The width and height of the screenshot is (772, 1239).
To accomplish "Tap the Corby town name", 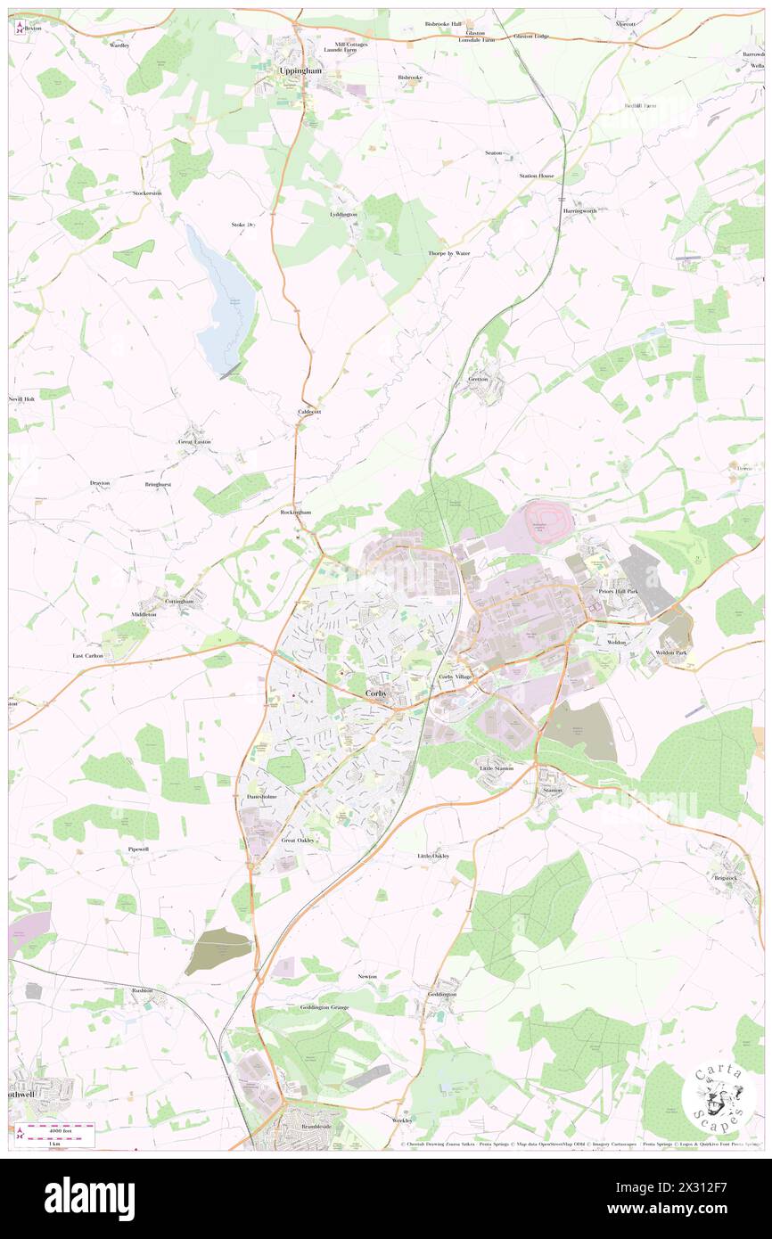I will coord(376,693).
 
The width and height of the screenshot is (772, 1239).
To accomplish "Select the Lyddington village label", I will coord(343,215).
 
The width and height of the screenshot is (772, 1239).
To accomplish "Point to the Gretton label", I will coord(478,379).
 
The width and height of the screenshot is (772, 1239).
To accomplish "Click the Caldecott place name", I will coord(308,412).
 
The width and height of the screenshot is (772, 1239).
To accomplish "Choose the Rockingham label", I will coord(296,513).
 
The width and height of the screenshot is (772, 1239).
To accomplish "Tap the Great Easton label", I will coord(195,441).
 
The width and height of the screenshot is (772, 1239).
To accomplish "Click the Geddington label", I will coord(441,994).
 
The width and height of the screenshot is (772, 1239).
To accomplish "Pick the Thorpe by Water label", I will coord(448,253).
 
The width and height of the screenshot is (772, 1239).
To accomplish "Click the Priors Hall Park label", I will coord(619,591).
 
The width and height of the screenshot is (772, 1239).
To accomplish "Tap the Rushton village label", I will coord(143,990).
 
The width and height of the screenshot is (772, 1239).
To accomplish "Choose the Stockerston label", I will coord(147,193).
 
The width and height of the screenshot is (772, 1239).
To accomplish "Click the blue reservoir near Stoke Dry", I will coord(223,303).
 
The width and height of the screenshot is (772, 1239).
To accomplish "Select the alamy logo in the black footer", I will coord(89,1198).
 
